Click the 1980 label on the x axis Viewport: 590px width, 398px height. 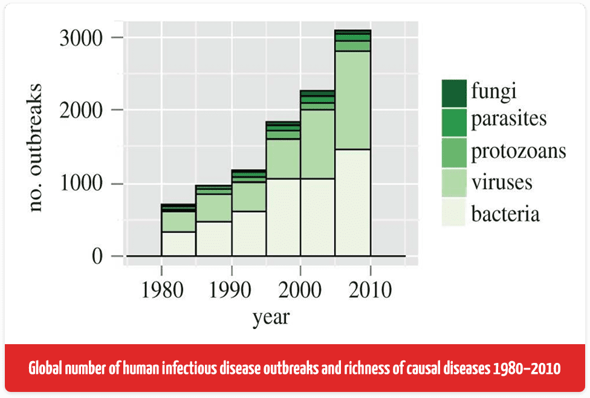coord(161,290)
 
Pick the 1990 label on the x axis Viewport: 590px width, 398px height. coord(231,290)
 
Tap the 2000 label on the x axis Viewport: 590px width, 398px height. coord(300,290)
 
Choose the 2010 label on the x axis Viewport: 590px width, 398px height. coord(371,290)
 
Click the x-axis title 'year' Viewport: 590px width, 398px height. coord(271,315)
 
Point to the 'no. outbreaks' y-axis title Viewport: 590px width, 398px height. coord(37,147)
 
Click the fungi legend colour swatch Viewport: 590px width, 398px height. coord(453,92)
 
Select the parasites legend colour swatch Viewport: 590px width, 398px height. coord(453,119)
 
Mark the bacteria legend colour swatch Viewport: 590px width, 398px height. coord(453,213)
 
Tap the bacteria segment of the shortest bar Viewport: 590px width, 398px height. coord(178,244)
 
